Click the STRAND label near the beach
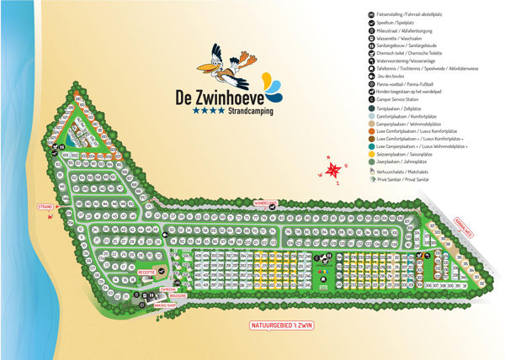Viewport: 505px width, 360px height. click(45, 206)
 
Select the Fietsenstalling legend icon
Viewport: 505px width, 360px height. click(372, 15)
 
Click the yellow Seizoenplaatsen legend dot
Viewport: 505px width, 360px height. click(372, 153)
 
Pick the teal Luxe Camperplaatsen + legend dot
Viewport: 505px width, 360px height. click(372, 145)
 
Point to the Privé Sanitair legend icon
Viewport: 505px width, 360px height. click(372, 179)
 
